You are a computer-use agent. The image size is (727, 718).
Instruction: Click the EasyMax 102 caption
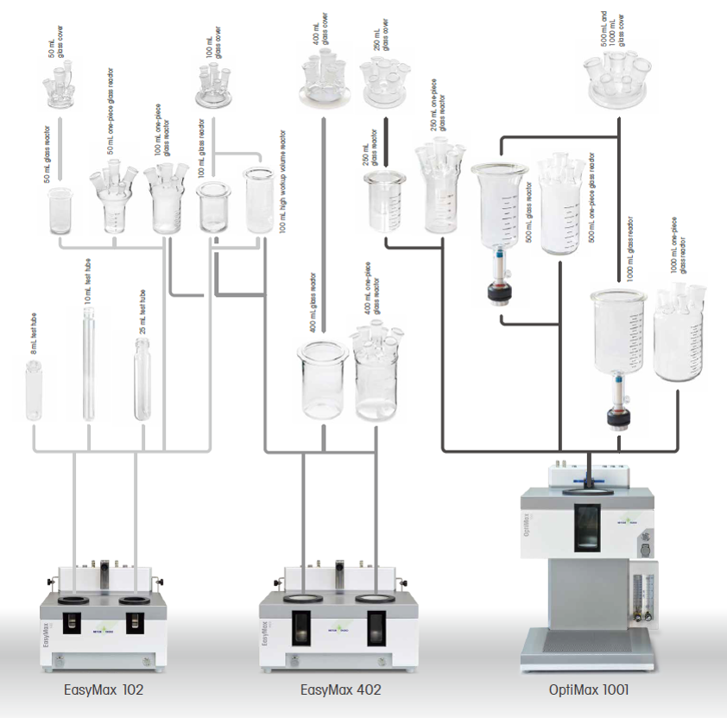click(104, 690)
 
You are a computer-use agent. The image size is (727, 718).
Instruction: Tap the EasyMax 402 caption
click(340, 690)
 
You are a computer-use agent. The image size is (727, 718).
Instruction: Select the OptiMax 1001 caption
click(589, 690)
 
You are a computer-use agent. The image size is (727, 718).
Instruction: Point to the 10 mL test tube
click(88, 363)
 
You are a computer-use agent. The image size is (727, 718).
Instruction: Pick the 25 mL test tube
click(142, 379)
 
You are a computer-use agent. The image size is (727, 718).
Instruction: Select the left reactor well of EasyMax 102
click(73, 597)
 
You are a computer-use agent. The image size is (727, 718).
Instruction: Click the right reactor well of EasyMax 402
click(375, 598)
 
